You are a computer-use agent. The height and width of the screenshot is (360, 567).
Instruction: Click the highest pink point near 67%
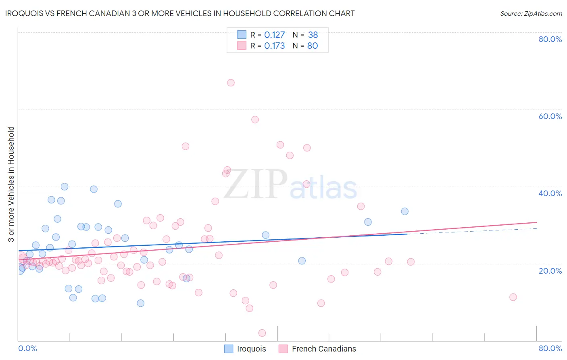231,83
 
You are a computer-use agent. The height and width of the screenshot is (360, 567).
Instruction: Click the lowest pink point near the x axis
262,333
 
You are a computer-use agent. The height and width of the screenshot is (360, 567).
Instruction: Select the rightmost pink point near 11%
513,297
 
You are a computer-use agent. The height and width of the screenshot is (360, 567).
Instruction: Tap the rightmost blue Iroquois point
404,211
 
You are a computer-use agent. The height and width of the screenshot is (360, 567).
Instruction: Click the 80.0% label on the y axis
550,39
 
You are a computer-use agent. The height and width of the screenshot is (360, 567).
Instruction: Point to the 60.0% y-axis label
550,116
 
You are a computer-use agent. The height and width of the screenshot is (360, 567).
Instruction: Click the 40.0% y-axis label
550,193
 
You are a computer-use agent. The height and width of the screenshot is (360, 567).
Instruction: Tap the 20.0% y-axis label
550,271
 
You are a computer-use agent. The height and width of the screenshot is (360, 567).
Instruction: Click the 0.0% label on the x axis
27,348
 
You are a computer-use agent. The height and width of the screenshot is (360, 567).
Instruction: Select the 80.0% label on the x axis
550,348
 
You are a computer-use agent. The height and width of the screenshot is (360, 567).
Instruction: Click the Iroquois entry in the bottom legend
251,349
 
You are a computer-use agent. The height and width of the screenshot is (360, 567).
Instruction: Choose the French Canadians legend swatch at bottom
283,349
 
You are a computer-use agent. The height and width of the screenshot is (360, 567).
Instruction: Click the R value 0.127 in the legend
275,35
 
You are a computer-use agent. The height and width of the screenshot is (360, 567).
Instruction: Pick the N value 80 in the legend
313,46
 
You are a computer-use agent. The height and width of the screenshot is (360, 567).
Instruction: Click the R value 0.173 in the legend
275,46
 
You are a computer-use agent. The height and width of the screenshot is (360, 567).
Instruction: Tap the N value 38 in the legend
313,35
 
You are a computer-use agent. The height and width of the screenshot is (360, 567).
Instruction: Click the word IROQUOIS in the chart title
24,13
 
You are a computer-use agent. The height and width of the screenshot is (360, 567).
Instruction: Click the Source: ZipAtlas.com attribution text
531,14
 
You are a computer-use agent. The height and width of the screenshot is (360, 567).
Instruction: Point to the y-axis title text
11,184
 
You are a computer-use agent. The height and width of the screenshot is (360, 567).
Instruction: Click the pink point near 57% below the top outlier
255,119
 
